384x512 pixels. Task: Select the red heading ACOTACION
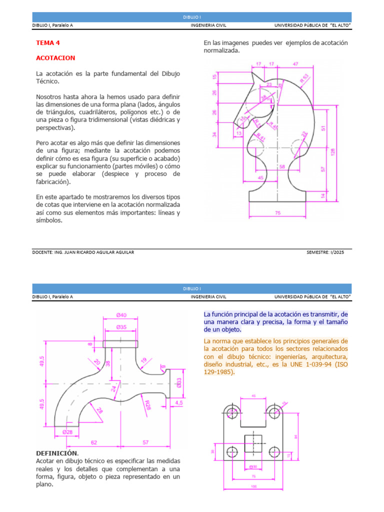[x=55, y=58]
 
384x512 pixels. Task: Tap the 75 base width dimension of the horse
[x=278, y=212]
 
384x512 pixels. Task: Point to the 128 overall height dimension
[x=333, y=151]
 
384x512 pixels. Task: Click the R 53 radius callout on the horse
[x=304, y=78]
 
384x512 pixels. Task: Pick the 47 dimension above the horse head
[x=295, y=64]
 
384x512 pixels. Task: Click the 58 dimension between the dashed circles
[x=282, y=166]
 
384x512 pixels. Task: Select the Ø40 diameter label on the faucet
[x=121, y=314]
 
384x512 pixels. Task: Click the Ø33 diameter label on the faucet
[x=179, y=382]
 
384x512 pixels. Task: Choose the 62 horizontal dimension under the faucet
[x=93, y=442]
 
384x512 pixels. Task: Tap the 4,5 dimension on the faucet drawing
[x=178, y=401]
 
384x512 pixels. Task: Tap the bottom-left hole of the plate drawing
[x=231, y=452]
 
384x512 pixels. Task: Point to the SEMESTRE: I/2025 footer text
[x=325, y=252]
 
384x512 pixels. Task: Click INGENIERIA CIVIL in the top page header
[x=208, y=25]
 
